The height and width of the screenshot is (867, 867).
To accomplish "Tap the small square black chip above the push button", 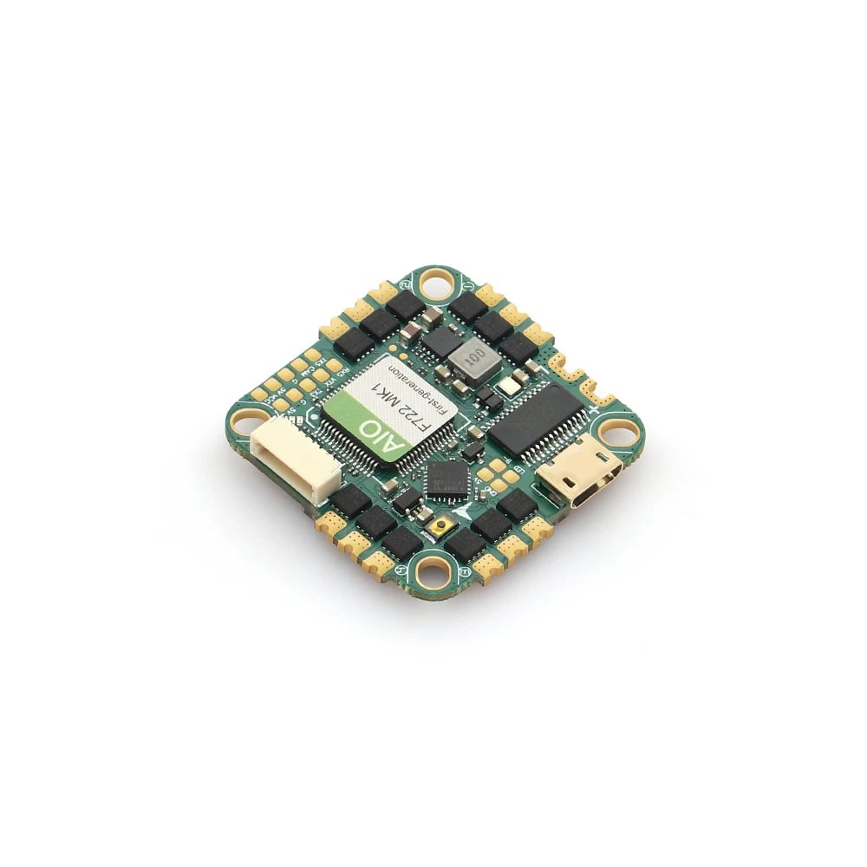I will coord(446,478).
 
